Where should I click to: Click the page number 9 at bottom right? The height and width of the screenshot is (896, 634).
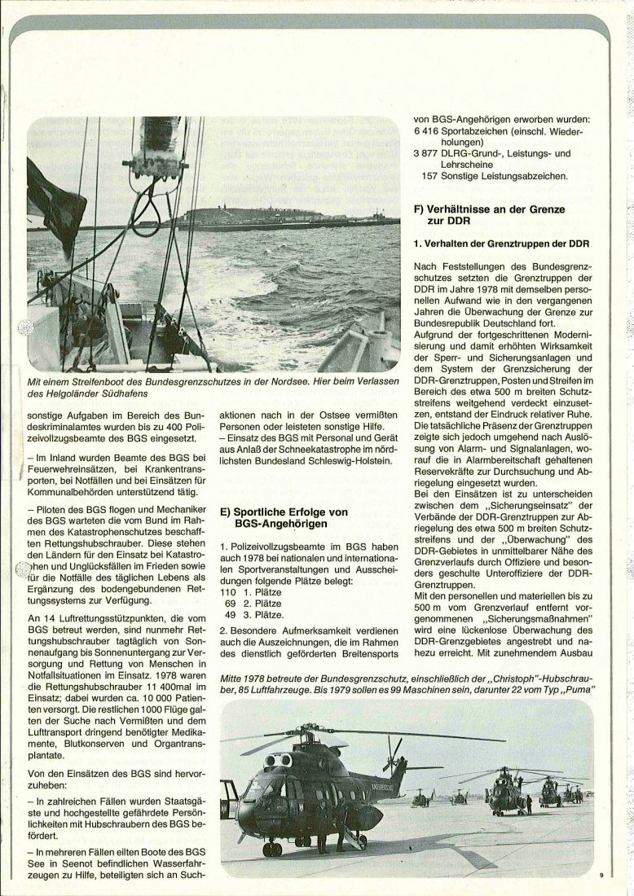coord(600,875)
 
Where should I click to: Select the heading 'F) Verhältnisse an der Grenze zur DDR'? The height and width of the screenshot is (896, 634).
coord(488,214)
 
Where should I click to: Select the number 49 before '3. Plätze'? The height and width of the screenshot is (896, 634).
coord(229,614)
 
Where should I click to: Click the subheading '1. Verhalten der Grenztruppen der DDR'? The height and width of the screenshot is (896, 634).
coord(500,243)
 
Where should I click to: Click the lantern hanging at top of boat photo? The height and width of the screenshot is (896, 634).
coord(153,147)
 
